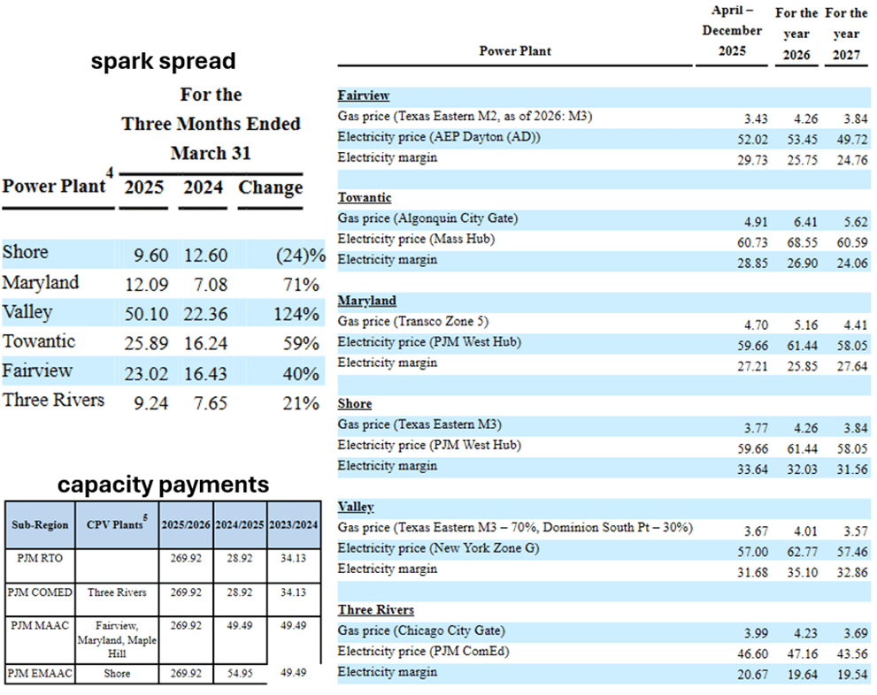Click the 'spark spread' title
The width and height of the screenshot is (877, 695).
[x=164, y=61]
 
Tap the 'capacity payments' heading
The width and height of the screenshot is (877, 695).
[x=164, y=485]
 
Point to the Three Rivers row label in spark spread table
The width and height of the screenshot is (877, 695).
[x=53, y=400]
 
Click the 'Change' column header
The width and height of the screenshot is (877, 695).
[x=270, y=188]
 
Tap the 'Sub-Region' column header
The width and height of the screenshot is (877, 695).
[x=40, y=525]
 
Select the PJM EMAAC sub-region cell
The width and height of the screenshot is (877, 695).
[x=39, y=674]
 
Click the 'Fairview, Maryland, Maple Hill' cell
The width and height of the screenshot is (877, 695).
[x=116, y=639]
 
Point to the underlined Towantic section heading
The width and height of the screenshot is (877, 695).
[x=365, y=197]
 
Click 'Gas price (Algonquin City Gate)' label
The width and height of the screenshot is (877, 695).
[x=427, y=218]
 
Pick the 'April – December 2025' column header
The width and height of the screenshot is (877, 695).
[x=732, y=31]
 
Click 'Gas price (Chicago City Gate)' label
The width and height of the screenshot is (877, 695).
[x=421, y=630]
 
